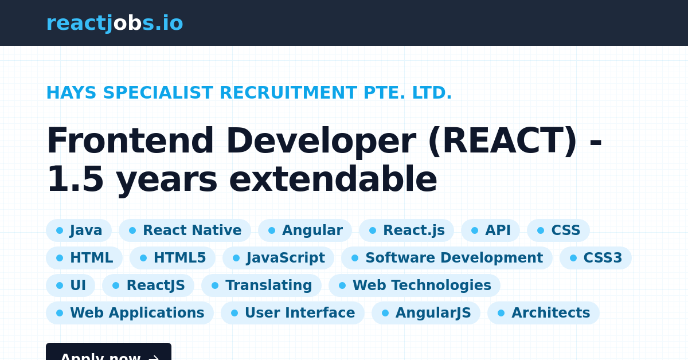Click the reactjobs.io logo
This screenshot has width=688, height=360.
(x=115, y=24)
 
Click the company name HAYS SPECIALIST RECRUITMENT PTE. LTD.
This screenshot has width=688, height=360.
(x=249, y=93)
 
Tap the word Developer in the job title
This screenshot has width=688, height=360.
(x=320, y=142)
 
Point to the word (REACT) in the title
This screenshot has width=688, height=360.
(x=502, y=142)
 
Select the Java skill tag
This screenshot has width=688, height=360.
(x=79, y=230)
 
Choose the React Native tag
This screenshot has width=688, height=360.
(x=185, y=230)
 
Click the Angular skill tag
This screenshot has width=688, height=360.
(x=304, y=230)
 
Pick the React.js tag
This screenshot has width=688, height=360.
(x=406, y=230)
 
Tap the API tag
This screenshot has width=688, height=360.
(x=490, y=230)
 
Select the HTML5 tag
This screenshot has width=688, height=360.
(x=173, y=258)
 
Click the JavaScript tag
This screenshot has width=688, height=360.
(x=278, y=258)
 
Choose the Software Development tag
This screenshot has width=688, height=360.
(x=447, y=258)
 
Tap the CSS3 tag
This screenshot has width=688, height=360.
(x=595, y=258)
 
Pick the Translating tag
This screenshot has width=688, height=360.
(x=261, y=285)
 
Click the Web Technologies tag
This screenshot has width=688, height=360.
(x=414, y=285)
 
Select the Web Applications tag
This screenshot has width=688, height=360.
(x=130, y=313)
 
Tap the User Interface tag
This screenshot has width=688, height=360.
(x=292, y=313)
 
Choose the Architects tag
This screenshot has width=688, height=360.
(x=543, y=313)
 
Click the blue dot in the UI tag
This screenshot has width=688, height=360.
(x=60, y=285)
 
